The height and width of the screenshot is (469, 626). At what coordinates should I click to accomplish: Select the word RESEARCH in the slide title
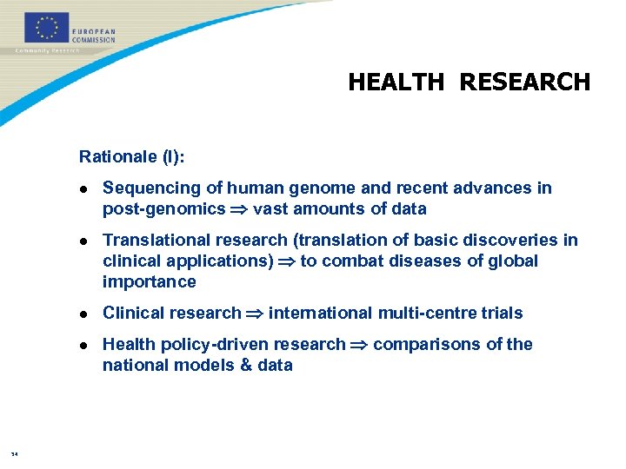click(524, 83)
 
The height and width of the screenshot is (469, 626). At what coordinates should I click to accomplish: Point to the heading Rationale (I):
click(132, 156)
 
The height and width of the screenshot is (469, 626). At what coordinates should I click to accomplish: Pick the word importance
click(150, 282)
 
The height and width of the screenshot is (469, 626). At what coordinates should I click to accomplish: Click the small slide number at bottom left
click(15, 453)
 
